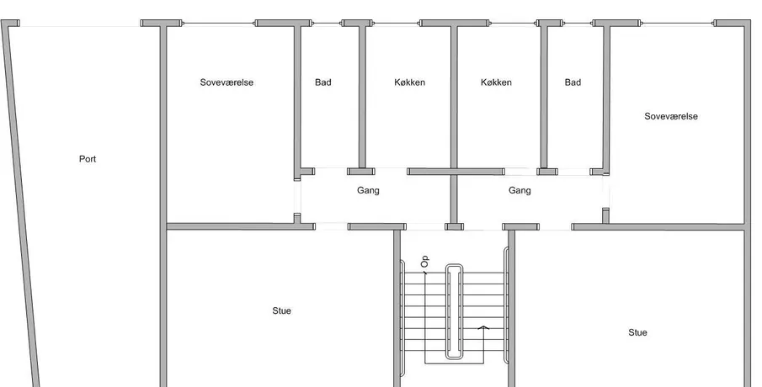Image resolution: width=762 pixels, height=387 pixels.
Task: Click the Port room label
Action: click(x=88, y=159)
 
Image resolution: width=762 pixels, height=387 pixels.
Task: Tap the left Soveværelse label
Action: click(x=226, y=82)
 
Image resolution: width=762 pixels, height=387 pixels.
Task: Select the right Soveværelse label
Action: click(x=670, y=116)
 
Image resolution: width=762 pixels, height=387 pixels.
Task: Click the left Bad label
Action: click(x=322, y=82)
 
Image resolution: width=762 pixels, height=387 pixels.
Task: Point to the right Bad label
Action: click(x=573, y=82)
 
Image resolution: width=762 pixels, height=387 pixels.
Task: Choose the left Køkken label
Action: click(x=409, y=82)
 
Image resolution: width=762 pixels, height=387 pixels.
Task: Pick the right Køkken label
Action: click(x=496, y=82)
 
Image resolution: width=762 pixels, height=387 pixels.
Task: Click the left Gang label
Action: click(x=368, y=190)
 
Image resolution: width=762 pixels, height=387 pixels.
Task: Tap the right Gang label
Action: click(x=520, y=190)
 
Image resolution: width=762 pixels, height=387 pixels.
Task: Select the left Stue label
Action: click(x=281, y=311)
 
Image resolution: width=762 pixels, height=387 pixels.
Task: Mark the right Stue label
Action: click(x=637, y=332)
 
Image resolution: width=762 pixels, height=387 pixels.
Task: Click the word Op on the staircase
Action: click(x=425, y=263)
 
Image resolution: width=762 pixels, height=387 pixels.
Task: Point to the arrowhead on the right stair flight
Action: click(x=482, y=327)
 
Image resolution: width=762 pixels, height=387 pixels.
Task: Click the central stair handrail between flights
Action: click(x=455, y=311)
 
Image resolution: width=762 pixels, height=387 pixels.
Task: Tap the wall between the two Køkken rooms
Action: click(x=453, y=97)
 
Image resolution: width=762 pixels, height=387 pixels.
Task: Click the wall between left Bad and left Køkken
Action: click(x=363, y=97)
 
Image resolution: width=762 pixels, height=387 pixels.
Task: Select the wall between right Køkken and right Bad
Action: click(x=544, y=97)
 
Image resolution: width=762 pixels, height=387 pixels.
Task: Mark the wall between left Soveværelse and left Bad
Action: click(x=296, y=97)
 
